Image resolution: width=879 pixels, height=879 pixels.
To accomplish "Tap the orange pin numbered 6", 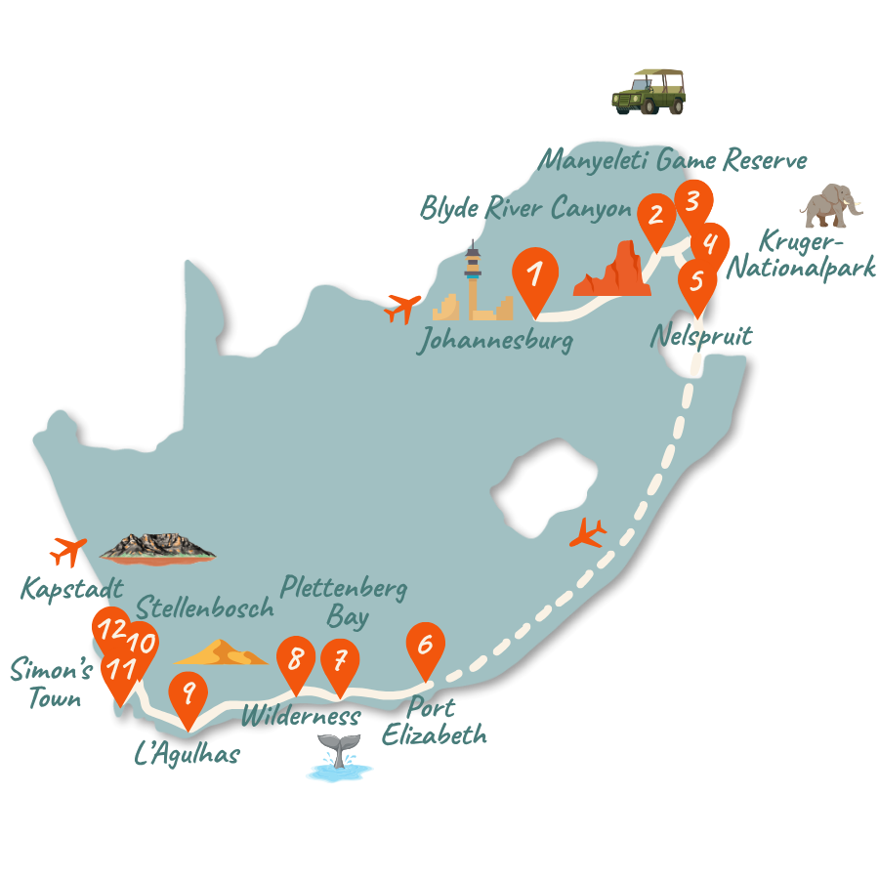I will pyautogui.click(x=424, y=646).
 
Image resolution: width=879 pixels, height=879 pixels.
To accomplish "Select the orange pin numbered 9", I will pyautogui.click(x=188, y=693).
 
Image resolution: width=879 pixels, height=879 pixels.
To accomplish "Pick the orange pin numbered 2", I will pyautogui.click(x=655, y=216).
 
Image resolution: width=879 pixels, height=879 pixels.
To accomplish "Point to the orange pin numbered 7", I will pyautogui.click(x=340, y=661).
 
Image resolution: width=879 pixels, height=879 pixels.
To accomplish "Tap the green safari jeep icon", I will pyautogui.click(x=649, y=92).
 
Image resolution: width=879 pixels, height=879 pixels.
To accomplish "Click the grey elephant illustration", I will pyautogui.click(x=831, y=206).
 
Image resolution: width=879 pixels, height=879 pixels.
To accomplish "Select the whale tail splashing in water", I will pyautogui.click(x=339, y=760).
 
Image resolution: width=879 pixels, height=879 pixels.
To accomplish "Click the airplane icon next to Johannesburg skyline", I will pyautogui.click(x=403, y=308).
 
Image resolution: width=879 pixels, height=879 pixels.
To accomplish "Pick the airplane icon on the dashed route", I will pyautogui.click(x=588, y=533).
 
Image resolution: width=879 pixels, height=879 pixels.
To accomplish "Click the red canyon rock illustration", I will pyautogui.click(x=612, y=271).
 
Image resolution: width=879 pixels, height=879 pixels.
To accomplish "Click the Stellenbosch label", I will pyautogui.click(x=205, y=607).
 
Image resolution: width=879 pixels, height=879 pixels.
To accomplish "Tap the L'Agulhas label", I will pyautogui.click(x=187, y=753).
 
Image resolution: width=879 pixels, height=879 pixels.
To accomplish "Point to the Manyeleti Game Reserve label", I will pyautogui.click(x=674, y=158).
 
